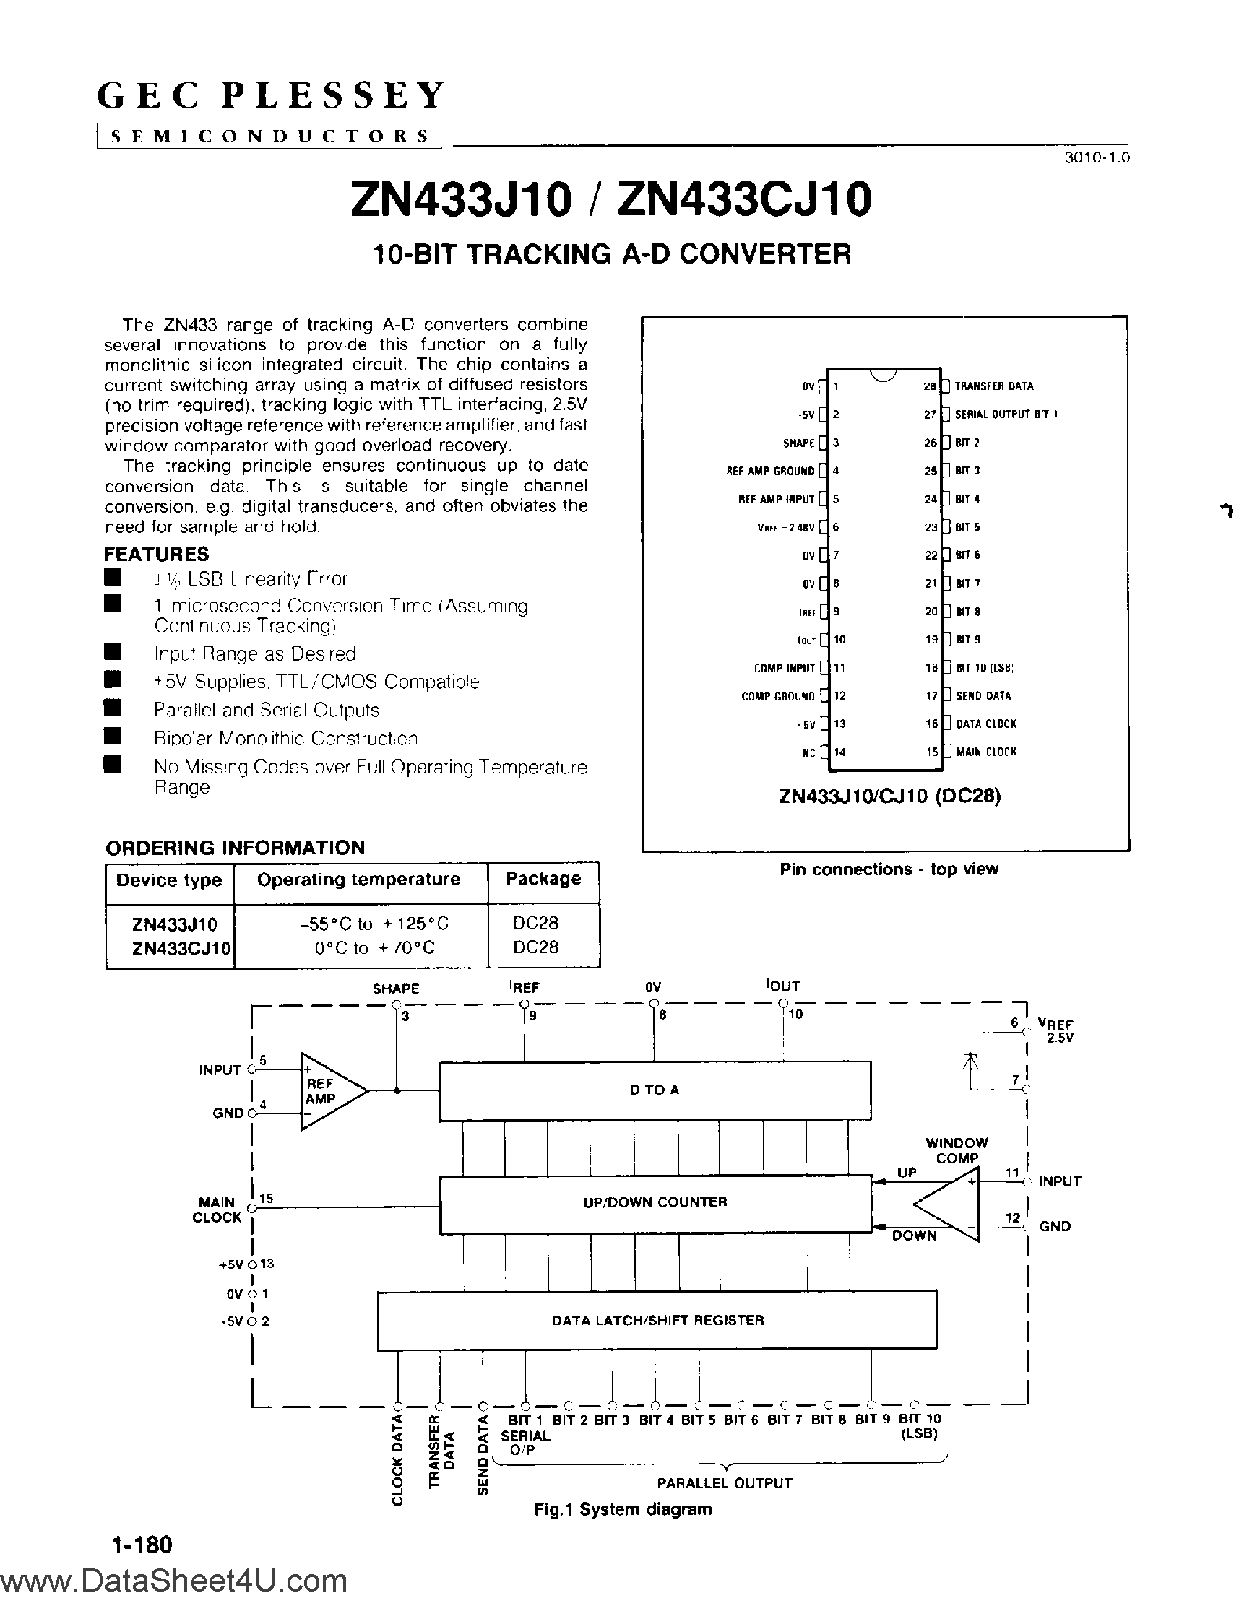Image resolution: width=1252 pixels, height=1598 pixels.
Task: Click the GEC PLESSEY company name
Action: [271, 96]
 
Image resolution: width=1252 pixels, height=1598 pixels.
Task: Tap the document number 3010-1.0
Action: [1097, 157]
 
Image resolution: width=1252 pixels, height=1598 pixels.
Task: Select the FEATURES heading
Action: [156, 554]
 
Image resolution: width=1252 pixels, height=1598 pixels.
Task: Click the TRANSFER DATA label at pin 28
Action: [994, 386]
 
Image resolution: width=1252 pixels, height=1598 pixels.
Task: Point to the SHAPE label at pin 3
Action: [798, 443]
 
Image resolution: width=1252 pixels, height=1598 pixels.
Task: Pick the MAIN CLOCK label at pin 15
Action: [986, 752]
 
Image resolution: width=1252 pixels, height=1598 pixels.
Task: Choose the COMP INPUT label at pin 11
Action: [785, 668]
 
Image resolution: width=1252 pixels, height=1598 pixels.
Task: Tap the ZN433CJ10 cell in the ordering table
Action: [181, 948]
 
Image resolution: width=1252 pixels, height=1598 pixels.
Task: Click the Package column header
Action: [543, 879]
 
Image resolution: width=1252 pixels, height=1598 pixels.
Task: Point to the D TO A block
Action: [654, 1090]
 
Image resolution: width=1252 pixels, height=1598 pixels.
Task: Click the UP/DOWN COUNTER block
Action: [654, 1202]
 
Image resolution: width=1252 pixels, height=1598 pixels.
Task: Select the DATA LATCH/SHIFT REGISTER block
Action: [657, 1320]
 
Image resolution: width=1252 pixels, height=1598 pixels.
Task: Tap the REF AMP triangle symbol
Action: [329, 1092]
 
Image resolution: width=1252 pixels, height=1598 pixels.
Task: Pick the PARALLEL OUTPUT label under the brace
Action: [724, 1483]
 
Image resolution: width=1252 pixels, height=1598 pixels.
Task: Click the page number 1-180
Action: [142, 1545]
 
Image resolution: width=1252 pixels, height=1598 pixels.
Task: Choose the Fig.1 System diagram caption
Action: [622, 1509]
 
